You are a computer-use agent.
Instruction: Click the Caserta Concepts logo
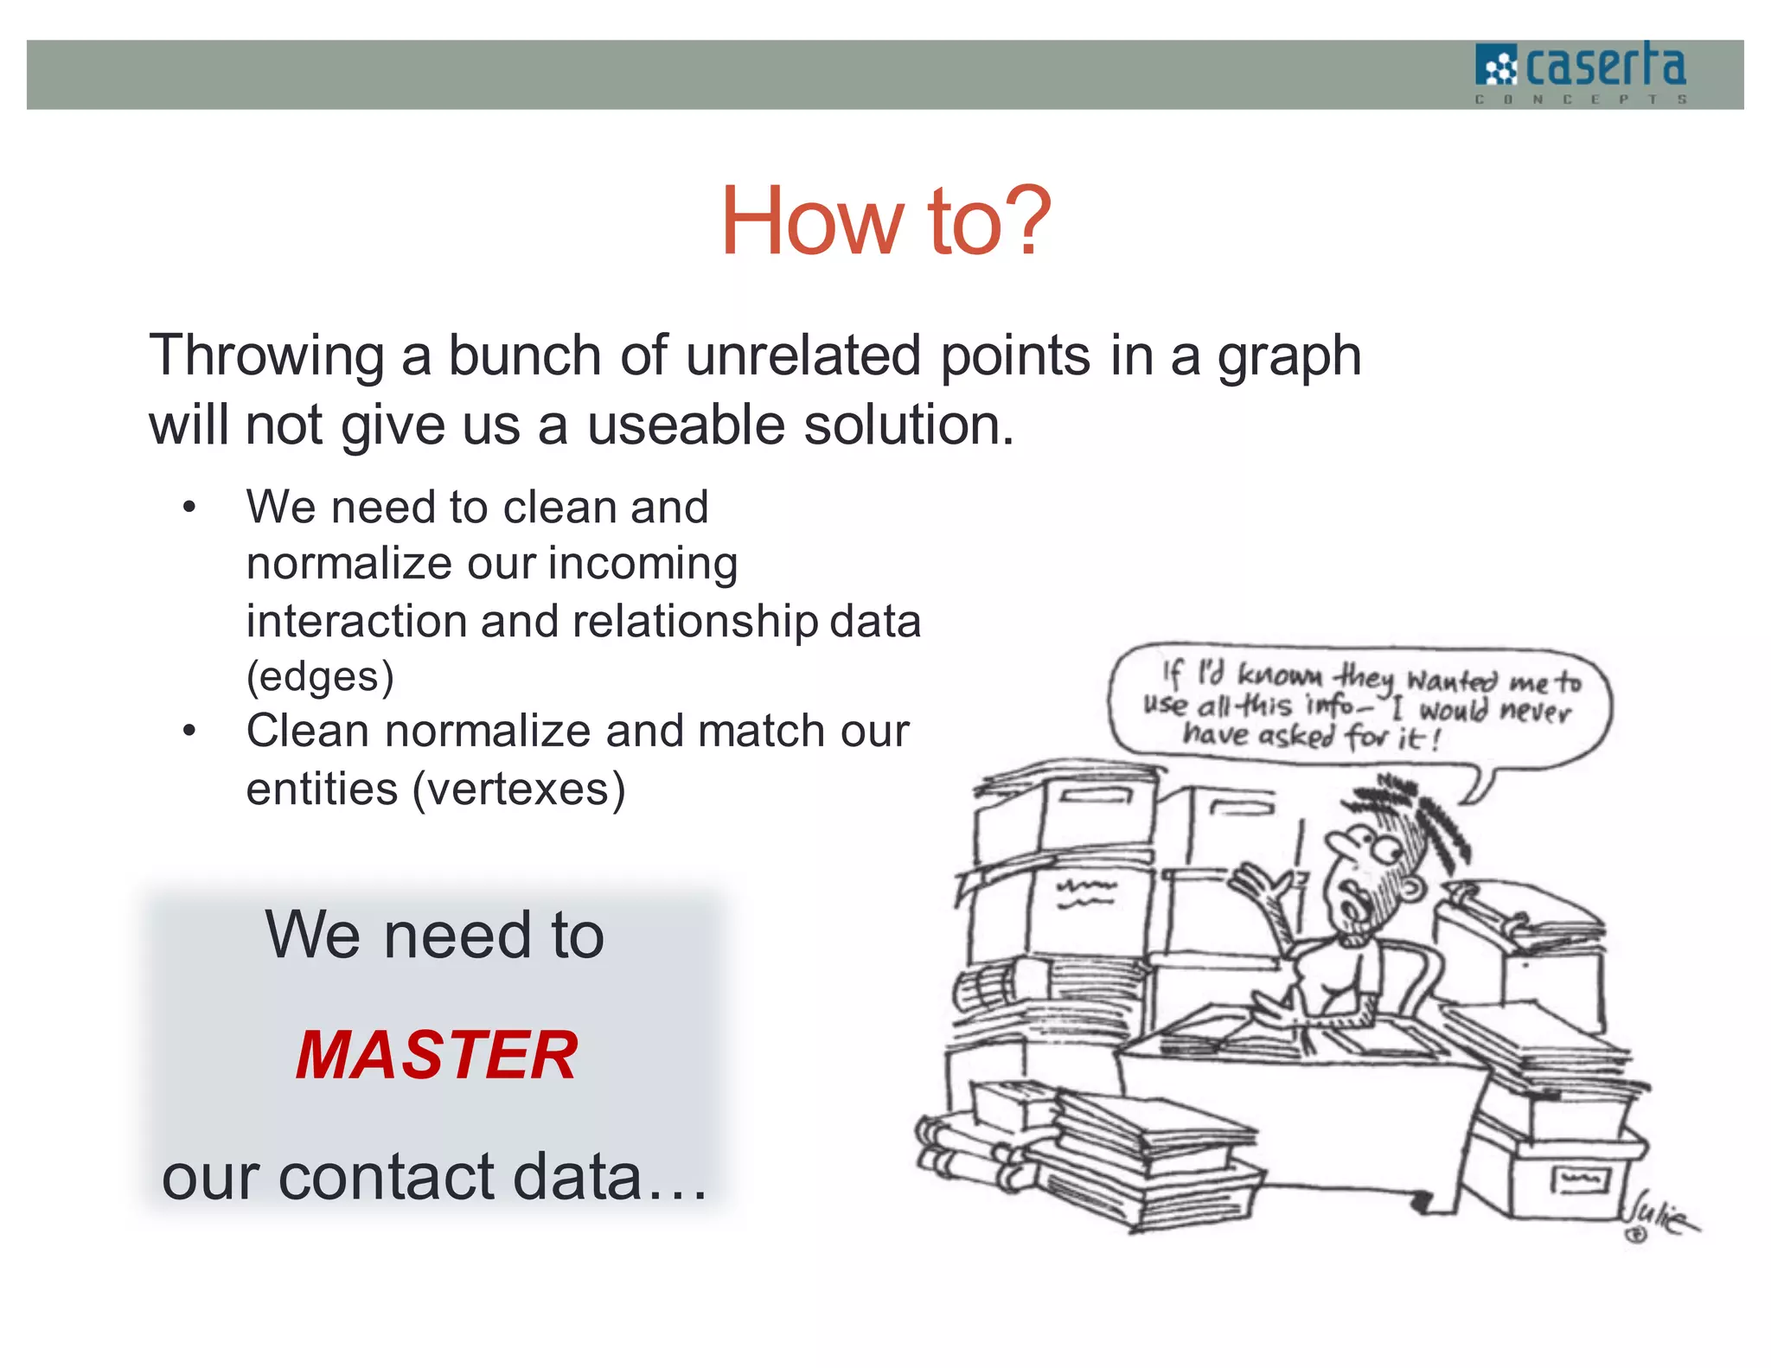click(x=1581, y=73)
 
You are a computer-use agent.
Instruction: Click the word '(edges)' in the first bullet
click(x=320, y=677)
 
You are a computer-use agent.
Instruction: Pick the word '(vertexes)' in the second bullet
click(x=519, y=789)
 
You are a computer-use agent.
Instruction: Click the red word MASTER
click(x=437, y=1056)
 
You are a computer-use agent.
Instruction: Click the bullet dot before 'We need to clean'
click(x=190, y=508)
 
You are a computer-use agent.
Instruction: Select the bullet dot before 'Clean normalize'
click(x=190, y=732)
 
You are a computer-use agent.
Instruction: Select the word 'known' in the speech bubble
click(x=1279, y=674)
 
